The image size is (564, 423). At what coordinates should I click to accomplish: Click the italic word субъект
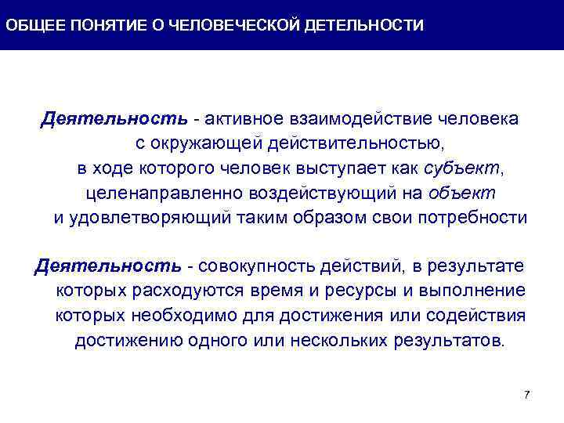point(457,168)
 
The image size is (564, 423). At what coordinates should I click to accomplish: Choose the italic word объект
point(461,193)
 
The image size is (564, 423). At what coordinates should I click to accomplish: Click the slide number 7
point(526,394)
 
